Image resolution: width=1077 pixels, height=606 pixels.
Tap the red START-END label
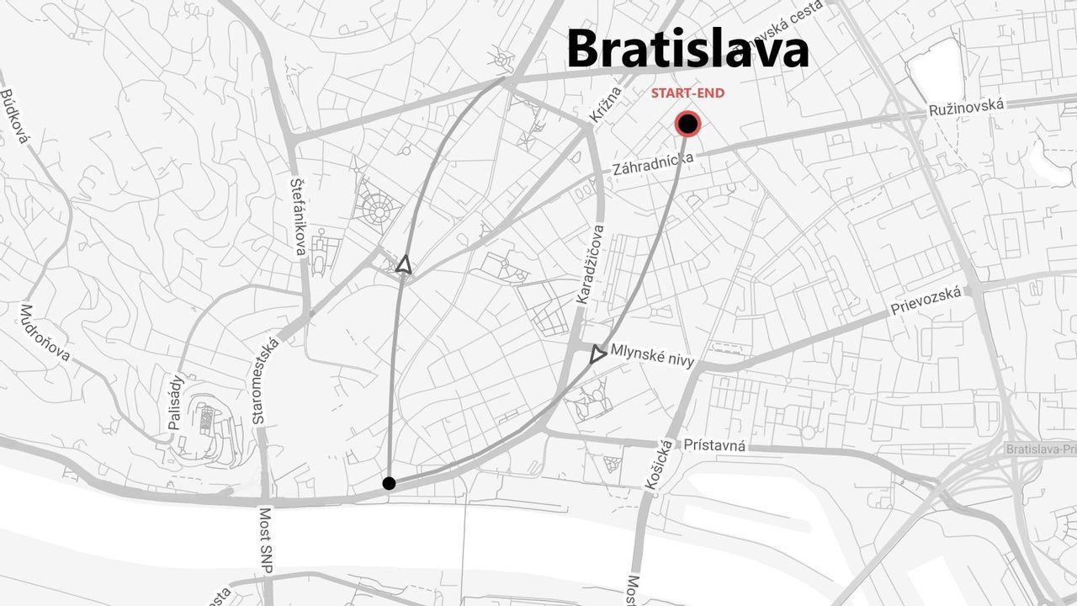pyautogui.click(x=687, y=93)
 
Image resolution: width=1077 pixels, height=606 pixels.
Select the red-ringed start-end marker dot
pyautogui.click(x=687, y=125)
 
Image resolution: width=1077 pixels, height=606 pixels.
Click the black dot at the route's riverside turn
pyautogui.click(x=389, y=483)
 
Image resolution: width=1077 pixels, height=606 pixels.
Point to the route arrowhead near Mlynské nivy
pyautogui.click(x=597, y=354)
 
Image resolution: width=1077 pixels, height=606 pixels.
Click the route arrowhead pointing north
pyautogui.click(x=404, y=264)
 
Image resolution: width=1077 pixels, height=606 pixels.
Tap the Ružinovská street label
pyautogui.click(x=967, y=108)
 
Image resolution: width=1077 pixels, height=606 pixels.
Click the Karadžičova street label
pyautogui.click(x=590, y=263)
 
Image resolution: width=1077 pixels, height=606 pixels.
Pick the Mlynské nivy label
pyautogui.click(x=653, y=355)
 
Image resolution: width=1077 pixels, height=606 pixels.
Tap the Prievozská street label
pyautogui.click(x=926, y=300)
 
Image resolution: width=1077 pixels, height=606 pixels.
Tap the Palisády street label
pyautogui.click(x=175, y=402)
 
